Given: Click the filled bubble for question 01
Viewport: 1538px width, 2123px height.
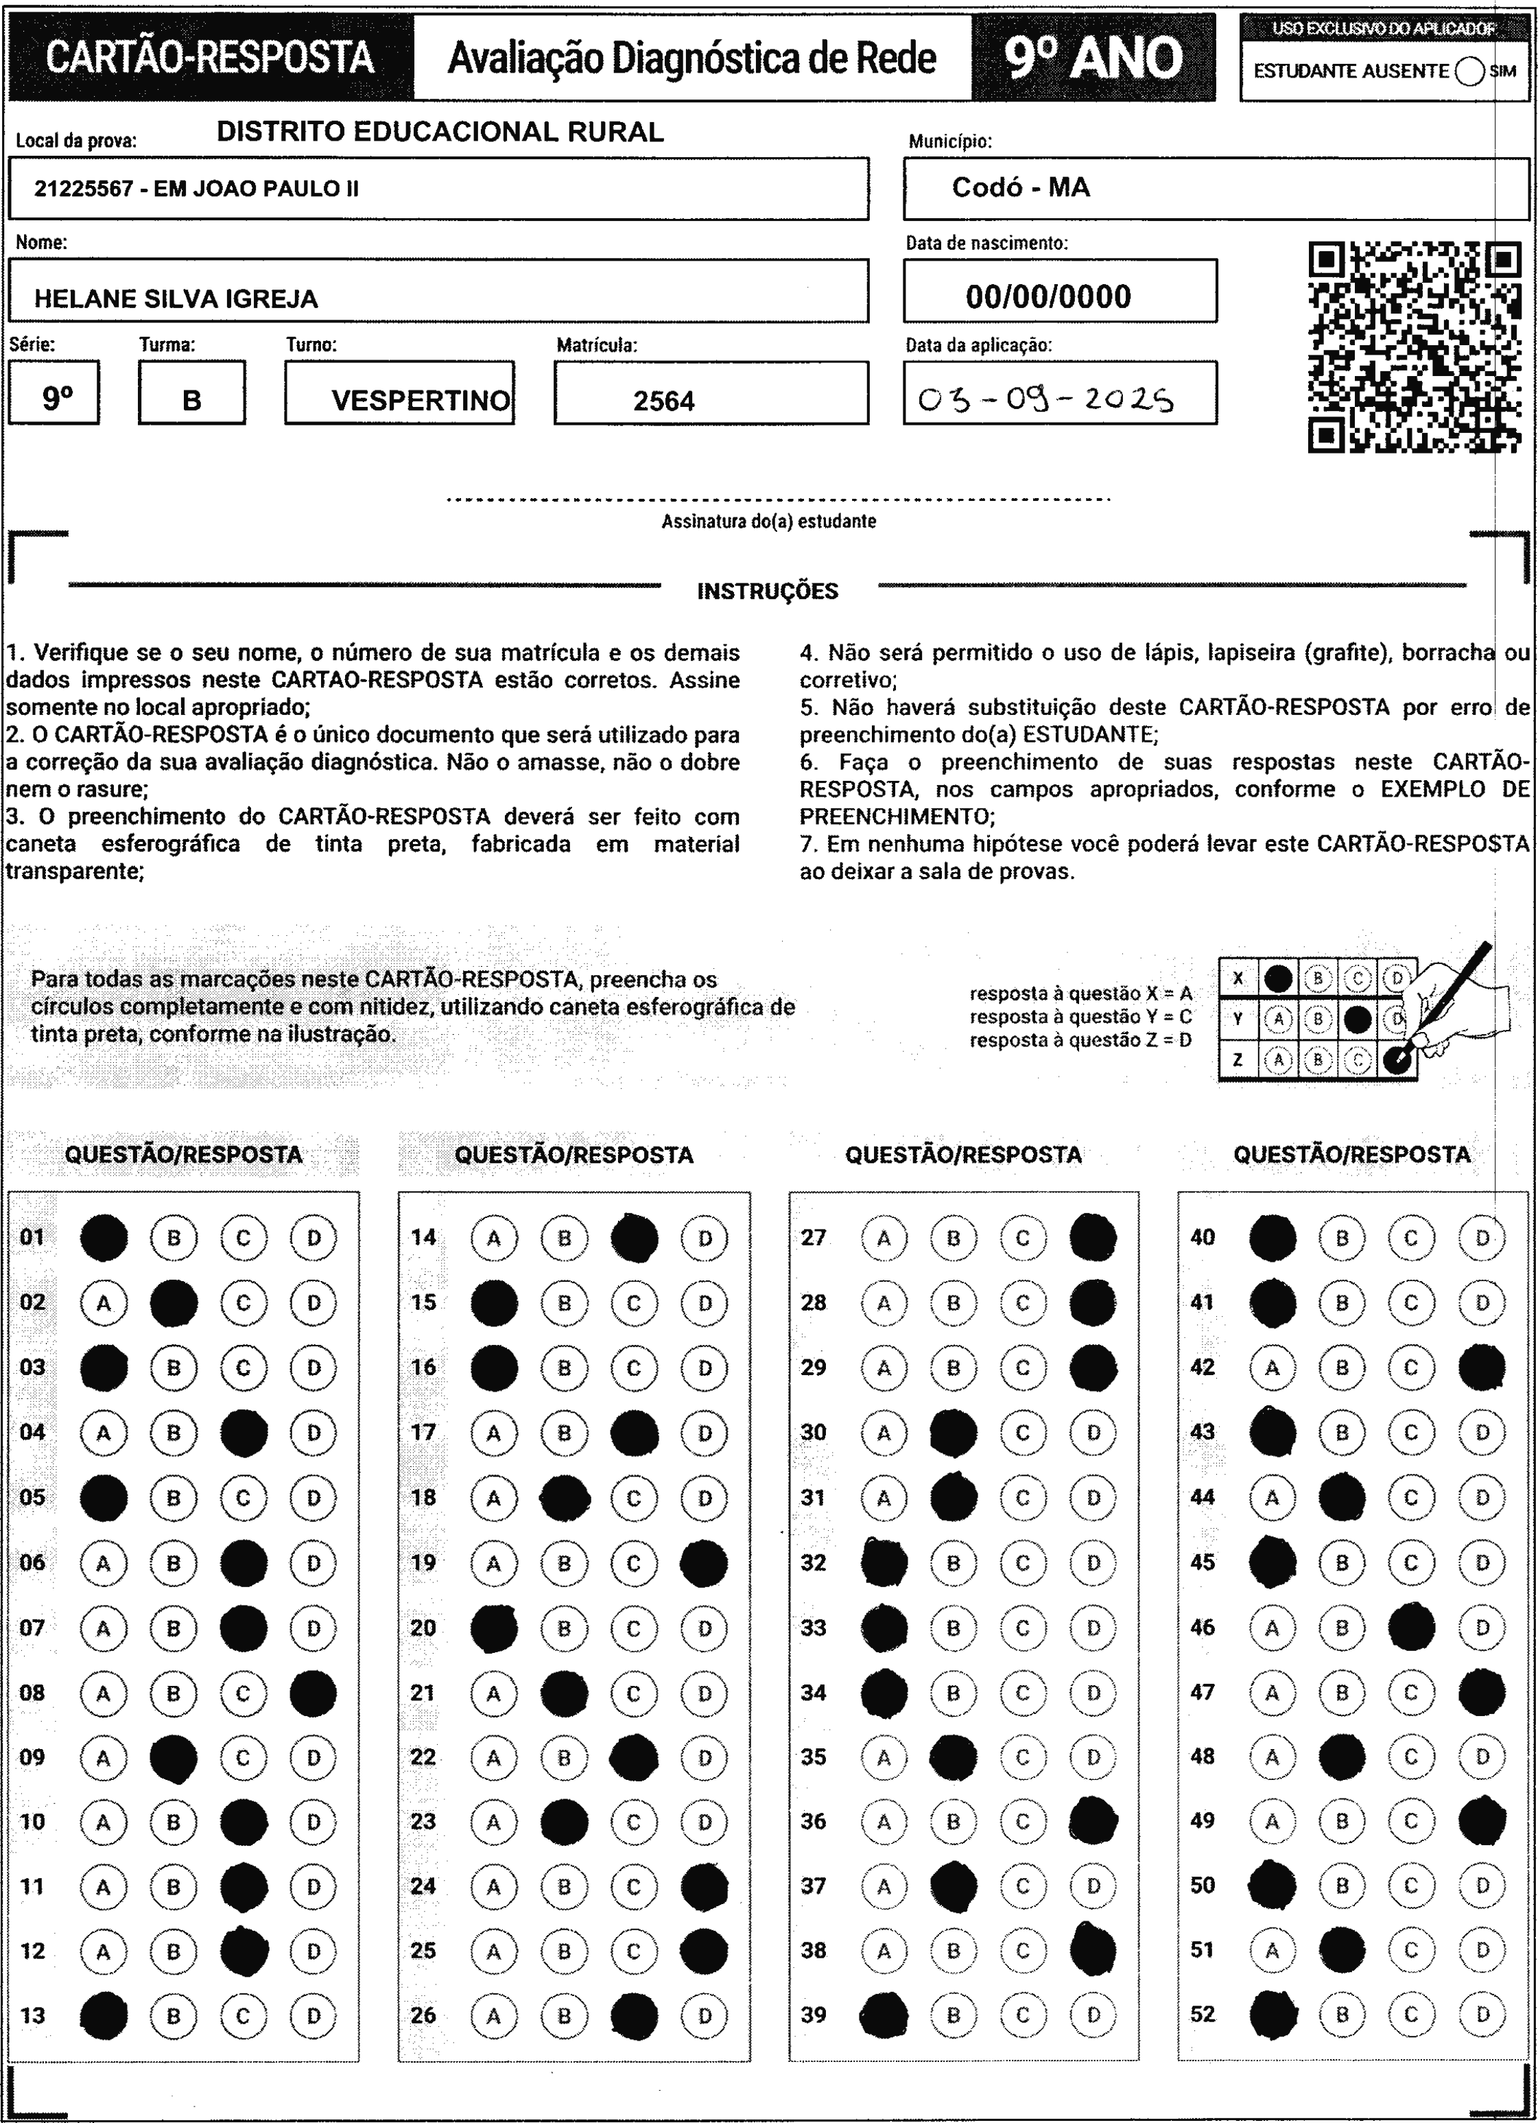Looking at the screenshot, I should point(103,1237).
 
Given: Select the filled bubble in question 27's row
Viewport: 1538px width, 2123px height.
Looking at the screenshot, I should point(1092,1237).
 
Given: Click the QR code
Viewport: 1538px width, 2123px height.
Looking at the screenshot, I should point(1414,347).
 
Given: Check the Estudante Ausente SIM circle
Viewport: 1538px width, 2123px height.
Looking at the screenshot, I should point(1469,71).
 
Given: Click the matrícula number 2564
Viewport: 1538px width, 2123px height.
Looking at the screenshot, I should point(663,401).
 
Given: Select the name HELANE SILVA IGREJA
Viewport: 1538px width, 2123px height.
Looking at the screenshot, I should point(176,298).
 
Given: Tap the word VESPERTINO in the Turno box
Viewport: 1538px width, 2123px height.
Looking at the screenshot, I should point(421,401).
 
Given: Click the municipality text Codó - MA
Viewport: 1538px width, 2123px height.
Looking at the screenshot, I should point(1020,187).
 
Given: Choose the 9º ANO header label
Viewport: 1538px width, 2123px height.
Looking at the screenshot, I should point(1093,58).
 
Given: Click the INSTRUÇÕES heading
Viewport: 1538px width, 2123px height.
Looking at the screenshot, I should point(768,591).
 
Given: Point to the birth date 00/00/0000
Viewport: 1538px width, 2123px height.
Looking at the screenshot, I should point(1048,296).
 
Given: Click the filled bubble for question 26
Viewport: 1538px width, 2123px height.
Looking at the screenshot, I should point(635,2015).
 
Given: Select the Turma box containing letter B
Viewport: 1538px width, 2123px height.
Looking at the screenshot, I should point(192,393).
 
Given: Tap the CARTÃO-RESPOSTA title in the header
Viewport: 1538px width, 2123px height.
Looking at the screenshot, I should point(211,58).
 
